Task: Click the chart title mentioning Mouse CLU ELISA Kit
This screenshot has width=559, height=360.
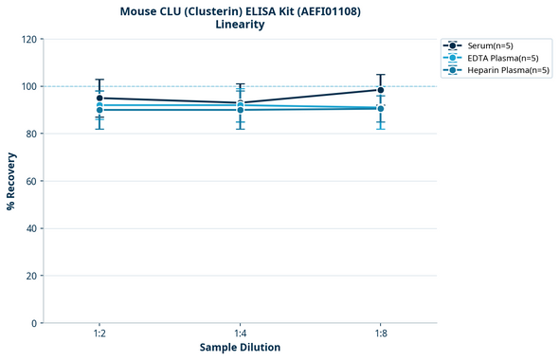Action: tap(240, 11)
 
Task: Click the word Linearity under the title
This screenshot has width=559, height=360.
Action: tap(240, 25)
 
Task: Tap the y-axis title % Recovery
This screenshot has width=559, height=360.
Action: tap(11, 181)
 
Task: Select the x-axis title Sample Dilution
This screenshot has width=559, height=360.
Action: tap(240, 348)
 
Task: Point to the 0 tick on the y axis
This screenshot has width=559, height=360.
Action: tap(34, 323)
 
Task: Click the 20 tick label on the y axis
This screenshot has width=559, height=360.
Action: tap(31, 276)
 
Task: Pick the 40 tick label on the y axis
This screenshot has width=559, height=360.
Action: tap(31, 228)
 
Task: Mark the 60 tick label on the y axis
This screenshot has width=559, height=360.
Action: tap(31, 181)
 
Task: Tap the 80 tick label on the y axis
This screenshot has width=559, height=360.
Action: tap(31, 134)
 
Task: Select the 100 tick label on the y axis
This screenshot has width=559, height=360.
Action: tap(28, 86)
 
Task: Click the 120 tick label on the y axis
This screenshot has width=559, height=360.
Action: tap(28, 39)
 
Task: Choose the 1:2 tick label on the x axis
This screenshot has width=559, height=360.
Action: tap(99, 334)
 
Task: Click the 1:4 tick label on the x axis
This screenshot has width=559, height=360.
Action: tap(241, 334)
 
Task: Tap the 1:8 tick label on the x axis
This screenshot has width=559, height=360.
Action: tap(381, 334)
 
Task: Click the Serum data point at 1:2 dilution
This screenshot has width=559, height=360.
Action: tap(99, 98)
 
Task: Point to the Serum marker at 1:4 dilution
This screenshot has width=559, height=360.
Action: tap(241, 102)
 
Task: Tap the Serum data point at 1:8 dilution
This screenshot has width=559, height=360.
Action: tap(381, 90)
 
